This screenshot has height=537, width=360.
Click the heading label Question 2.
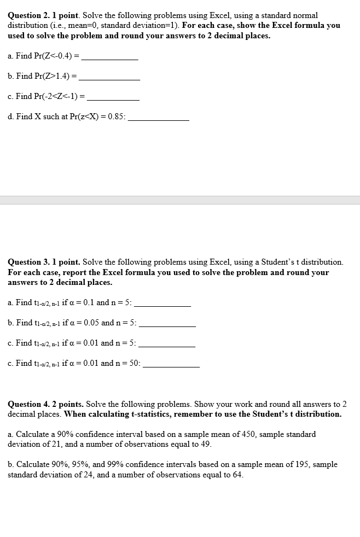28,16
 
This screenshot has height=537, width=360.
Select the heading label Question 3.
28,262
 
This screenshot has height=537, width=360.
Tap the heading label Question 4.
28,404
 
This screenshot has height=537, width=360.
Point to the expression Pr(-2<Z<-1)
54,96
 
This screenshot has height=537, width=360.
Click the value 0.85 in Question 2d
115,116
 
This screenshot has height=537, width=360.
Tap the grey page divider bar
180,200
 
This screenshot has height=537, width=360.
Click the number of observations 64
237,475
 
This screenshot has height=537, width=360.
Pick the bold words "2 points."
66,404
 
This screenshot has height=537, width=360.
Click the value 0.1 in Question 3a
87,302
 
